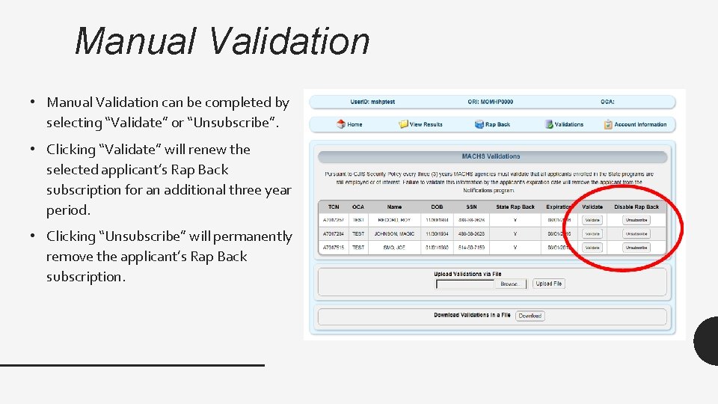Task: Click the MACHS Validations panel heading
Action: tap(491, 156)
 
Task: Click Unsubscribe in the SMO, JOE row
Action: tap(636, 247)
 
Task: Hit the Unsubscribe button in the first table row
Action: tap(636, 220)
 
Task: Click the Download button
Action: tap(530, 316)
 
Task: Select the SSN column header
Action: tap(471, 206)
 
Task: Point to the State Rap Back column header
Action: tap(515, 206)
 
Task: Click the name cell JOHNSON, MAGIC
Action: tap(394, 233)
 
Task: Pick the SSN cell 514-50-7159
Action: tap(471, 247)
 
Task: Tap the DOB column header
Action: tap(437, 206)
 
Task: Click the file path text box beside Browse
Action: tap(464, 284)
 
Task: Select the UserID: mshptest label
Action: tap(375, 102)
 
